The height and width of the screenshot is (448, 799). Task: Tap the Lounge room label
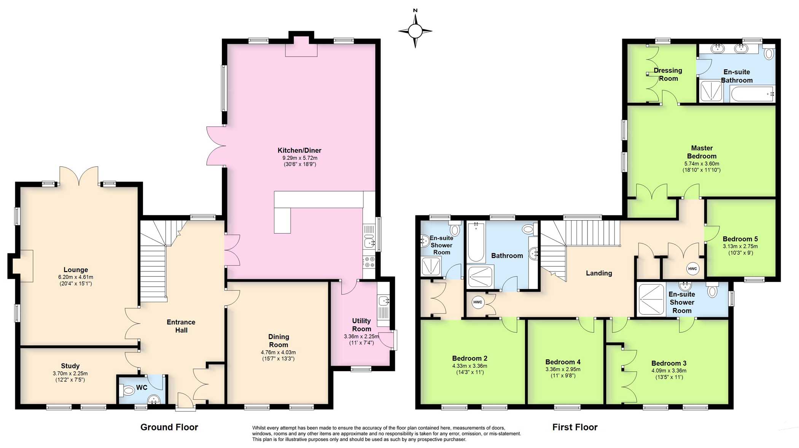tap(76, 270)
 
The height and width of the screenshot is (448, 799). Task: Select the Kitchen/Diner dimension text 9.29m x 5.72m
tap(300, 158)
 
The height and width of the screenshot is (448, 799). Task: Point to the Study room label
tap(70, 366)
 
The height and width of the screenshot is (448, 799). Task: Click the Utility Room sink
tap(384, 301)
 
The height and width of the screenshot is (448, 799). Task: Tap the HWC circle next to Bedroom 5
tap(692, 269)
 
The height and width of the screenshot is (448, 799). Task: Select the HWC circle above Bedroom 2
tap(477, 302)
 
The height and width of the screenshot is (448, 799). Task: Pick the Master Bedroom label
tap(702, 152)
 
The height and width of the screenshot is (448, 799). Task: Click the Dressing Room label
tap(668, 75)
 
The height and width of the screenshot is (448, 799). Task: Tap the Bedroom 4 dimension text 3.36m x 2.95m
tap(563, 369)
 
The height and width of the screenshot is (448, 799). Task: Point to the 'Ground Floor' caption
tap(169, 427)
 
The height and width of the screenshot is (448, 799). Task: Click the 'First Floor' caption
tap(575, 427)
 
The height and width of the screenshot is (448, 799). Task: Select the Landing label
tap(599, 273)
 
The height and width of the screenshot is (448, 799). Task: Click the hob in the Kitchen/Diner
tap(369, 262)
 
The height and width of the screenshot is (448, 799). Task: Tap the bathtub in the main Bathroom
tap(476, 242)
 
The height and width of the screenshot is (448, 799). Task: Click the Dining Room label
tap(279, 341)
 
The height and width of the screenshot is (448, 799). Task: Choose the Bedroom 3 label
tap(669, 364)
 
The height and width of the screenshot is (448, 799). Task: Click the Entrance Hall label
tap(181, 326)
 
